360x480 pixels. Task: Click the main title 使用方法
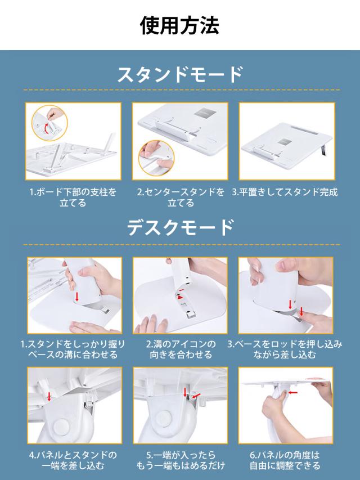[179, 25]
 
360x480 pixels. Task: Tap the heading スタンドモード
[180, 74]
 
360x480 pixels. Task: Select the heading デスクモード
[181, 227]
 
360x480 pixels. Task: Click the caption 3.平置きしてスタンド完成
[285, 192]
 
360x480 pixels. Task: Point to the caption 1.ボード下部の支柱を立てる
[73, 198]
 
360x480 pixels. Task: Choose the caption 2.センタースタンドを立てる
[181, 198]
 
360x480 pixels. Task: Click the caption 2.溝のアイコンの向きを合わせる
[181, 349]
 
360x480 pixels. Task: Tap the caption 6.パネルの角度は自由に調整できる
[285, 460]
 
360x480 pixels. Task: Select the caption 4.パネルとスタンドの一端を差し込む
[73, 460]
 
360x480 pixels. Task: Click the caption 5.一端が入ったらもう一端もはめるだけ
[181, 460]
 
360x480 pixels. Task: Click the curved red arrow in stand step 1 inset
[47, 128]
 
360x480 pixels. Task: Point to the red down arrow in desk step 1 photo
[77, 297]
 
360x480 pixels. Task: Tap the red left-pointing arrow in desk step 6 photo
[293, 392]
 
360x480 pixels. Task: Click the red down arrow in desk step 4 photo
[49, 396]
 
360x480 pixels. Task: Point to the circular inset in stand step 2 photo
[156, 158]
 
